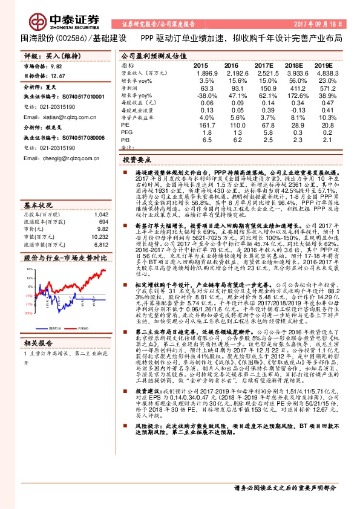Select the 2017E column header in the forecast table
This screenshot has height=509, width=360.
click(x=264, y=65)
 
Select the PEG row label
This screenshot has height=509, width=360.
click(x=126, y=132)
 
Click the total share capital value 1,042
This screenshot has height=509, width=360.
click(x=102, y=198)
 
